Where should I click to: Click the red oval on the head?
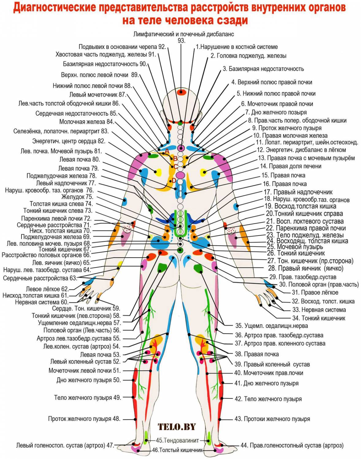coord(181,92)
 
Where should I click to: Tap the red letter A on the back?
coord(167,151)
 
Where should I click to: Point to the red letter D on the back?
coord(174,181)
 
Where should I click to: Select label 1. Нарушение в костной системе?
coord(237,47)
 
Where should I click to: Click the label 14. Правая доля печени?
coord(291,166)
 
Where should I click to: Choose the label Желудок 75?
coord(77,197)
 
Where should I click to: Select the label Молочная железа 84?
coord(86,122)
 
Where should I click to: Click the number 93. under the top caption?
coord(181,41)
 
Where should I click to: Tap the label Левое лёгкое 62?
coord(47,289)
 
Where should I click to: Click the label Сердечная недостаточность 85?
coord(76,114)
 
